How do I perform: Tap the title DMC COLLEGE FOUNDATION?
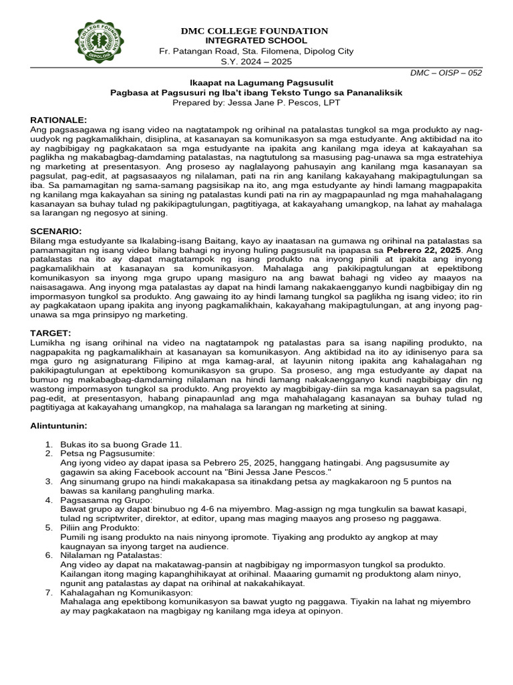[256, 31]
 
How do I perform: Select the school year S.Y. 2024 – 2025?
[256, 62]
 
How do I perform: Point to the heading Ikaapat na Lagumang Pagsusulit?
[256, 83]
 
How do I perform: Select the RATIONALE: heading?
[59, 118]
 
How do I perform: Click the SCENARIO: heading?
[57, 231]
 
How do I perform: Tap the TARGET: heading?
[51, 332]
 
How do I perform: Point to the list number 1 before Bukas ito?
[48, 444]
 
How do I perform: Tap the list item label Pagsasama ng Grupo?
[106, 500]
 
